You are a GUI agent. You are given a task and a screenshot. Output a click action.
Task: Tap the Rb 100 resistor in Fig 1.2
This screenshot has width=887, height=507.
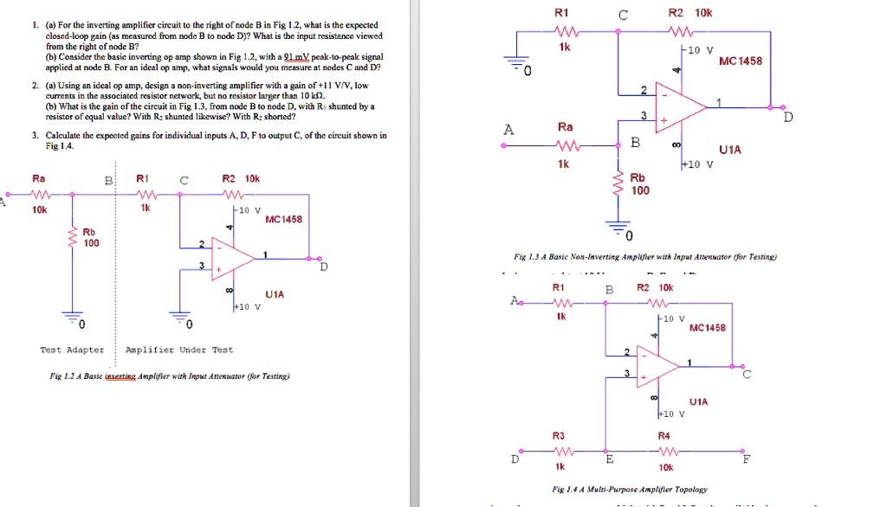pos(70,237)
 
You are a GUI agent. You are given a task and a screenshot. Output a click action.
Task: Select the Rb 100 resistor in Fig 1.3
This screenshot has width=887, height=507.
pos(618,184)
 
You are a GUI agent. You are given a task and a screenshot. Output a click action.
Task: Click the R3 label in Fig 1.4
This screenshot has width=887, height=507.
pos(559,434)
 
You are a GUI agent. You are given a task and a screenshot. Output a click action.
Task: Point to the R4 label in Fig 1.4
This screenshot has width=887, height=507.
pos(664,434)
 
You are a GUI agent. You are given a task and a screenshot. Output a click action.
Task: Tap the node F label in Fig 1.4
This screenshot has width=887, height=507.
pos(748,460)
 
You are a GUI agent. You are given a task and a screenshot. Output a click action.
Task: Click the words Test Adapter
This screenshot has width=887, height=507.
pos(72,350)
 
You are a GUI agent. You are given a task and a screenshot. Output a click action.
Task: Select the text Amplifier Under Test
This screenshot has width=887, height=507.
pos(179,350)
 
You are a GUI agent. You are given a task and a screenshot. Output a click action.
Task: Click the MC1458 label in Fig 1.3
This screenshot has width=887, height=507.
pos(741,61)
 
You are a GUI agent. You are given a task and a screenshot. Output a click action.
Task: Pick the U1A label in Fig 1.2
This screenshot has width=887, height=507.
pos(275,294)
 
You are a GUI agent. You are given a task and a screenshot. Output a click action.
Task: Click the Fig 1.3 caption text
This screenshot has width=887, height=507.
pos(644,257)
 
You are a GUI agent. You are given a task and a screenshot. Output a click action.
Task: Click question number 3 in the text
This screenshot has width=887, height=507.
pos(34,136)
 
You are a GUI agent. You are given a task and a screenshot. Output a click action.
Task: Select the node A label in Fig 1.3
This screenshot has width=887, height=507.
pos(508,130)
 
